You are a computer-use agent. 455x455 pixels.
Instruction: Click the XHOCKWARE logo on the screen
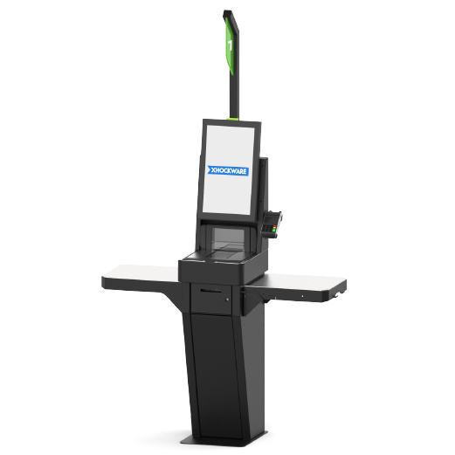[228, 170]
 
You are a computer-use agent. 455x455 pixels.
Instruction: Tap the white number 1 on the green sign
[230, 45]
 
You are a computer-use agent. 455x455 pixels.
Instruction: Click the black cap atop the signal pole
[229, 14]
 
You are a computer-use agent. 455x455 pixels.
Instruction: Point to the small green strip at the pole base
[232, 119]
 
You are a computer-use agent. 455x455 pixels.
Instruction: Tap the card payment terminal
[272, 224]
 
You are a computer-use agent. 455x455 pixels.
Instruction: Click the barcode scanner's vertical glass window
[228, 236]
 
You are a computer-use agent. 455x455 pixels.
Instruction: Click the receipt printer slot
[210, 291]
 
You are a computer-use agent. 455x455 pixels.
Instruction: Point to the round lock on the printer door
[227, 300]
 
